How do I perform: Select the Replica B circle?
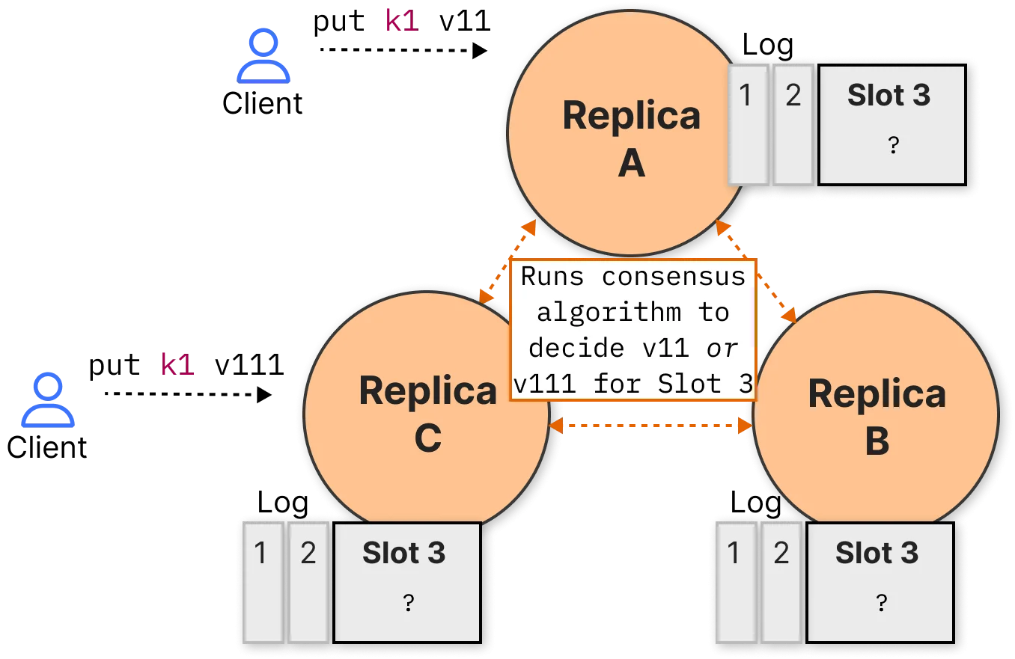click(x=877, y=414)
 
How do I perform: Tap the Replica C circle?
click(x=427, y=414)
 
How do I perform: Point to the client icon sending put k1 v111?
click(x=48, y=400)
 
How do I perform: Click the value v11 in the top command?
click(x=465, y=21)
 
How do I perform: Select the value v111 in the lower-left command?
click(x=249, y=366)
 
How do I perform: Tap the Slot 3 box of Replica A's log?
click(x=892, y=125)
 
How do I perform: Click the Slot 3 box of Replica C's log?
click(x=407, y=583)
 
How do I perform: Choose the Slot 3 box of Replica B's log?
click(x=880, y=583)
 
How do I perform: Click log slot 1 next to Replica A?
click(x=748, y=125)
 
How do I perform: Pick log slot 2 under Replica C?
click(x=308, y=583)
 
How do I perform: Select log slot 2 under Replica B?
click(x=781, y=583)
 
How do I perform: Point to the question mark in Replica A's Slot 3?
click(x=893, y=145)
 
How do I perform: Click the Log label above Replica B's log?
click(x=755, y=503)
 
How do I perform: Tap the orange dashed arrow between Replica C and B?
click(x=650, y=426)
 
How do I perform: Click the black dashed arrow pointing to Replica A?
click(x=403, y=50)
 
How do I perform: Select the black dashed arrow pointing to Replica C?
click(x=188, y=394)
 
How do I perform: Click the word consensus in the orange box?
click(x=674, y=276)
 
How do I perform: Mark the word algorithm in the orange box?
click(x=609, y=313)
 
